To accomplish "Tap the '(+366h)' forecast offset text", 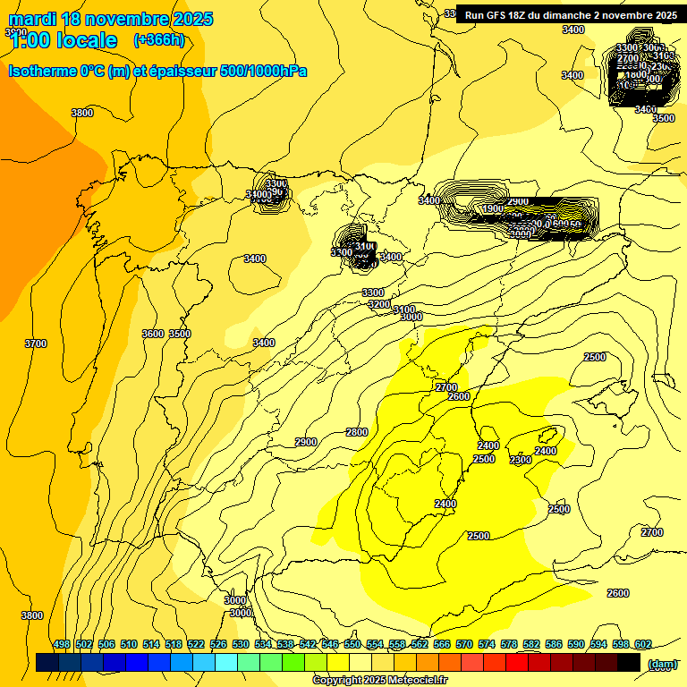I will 158,39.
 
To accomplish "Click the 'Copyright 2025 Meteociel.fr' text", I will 379,681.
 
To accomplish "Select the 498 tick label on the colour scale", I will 62,645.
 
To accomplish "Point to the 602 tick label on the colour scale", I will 642,645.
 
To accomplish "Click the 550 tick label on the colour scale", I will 352,645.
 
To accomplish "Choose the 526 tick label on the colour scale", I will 218,645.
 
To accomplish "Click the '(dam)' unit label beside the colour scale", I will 663,664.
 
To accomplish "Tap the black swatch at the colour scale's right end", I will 629,663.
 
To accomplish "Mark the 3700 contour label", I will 35,343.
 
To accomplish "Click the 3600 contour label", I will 153,334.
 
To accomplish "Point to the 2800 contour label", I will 356,432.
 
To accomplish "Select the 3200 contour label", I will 379,304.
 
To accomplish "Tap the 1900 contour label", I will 492,208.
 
